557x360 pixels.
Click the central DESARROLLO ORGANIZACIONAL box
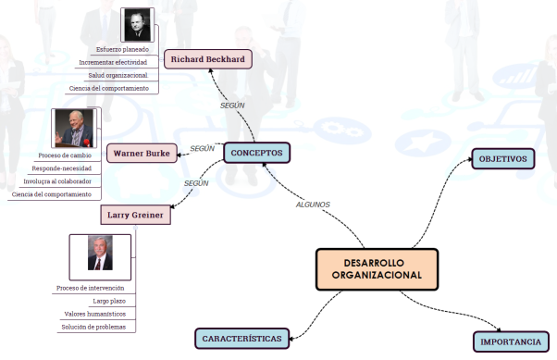(x=377, y=268)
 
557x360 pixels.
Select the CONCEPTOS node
(x=257, y=152)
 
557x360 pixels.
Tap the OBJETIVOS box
(x=502, y=159)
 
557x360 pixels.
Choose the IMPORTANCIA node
(x=510, y=341)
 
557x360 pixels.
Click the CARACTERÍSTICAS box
(x=242, y=338)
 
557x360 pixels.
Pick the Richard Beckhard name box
(x=207, y=59)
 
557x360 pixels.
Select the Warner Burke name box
(x=142, y=153)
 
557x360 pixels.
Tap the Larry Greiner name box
(x=135, y=216)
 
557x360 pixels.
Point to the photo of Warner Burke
(x=73, y=129)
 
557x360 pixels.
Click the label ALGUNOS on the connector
(x=313, y=204)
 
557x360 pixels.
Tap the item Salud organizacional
(x=118, y=75)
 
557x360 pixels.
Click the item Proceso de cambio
(x=64, y=155)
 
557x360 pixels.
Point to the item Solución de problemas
(x=98, y=327)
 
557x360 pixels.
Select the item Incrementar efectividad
(x=113, y=62)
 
